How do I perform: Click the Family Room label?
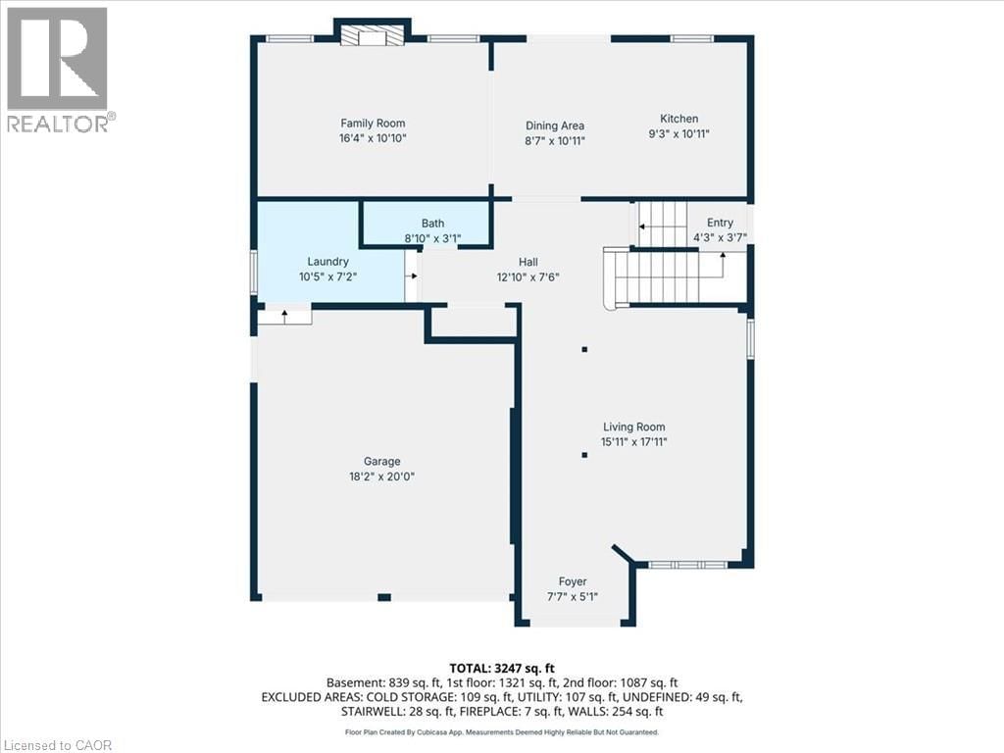(373, 124)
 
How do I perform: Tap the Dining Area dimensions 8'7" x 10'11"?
(555, 140)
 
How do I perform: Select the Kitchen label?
(678, 119)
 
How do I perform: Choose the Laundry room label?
(327, 262)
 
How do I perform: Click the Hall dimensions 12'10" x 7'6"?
(528, 276)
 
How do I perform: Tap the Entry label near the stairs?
(720, 223)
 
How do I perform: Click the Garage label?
(381, 461)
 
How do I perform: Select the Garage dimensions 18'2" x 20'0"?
(381, 476)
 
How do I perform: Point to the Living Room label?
(633, 427)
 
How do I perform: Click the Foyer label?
(572, 581)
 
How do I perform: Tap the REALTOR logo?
(58, 70)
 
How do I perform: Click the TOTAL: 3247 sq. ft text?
(501, 668)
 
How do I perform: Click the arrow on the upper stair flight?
(643, 226)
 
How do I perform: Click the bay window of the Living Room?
(687, 565)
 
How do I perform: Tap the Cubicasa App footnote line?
(501, 731)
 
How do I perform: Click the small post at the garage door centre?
(384, 597)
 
